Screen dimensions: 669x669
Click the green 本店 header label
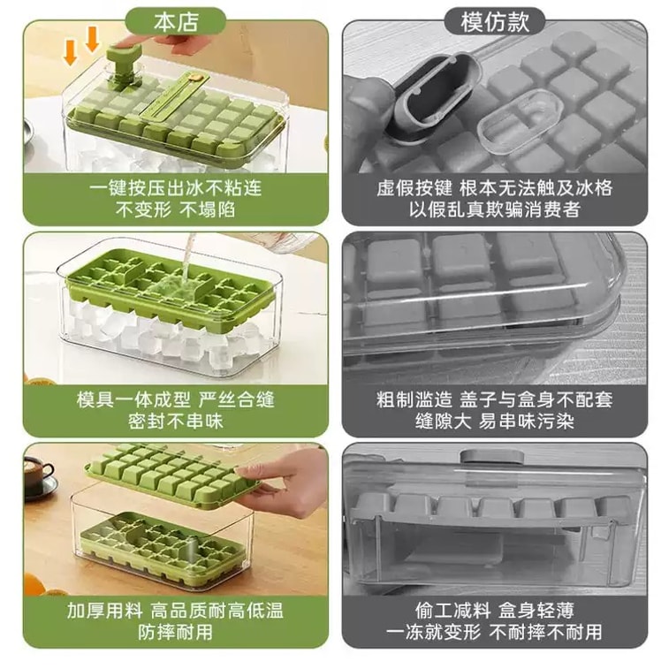coord(176,22)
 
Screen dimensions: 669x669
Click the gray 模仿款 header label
coord(495,22)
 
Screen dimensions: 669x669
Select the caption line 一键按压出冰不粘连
coord(175,187)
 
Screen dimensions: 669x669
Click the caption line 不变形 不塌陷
coord(175,209)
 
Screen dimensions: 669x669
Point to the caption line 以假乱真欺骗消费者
coord(495,209)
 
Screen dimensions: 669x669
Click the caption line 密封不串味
coord(175,422)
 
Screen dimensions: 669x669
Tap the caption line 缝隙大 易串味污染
coord(495,422)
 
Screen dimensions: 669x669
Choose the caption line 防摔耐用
coord(175,632)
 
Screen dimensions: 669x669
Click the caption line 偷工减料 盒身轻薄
coord(495,611)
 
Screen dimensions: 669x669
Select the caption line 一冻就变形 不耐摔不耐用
coord(495,632)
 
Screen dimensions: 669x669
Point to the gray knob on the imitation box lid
coord(492,457)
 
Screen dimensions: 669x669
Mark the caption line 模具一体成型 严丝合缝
coord(175,399)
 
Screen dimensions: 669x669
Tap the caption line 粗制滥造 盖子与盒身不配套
coord(495,399)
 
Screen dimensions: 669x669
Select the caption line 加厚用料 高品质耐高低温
coord(175,611)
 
